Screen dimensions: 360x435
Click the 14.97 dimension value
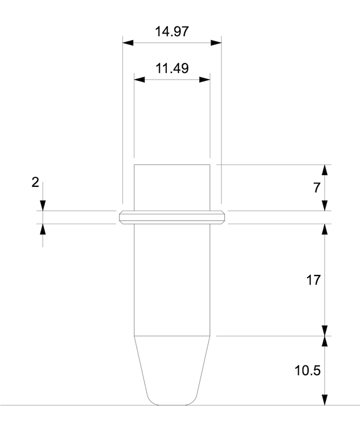[x=172, y=31]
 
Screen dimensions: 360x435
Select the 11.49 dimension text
[x=172, y=68]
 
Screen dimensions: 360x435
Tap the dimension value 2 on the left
[x=35, y=182]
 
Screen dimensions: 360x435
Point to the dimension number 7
[x=317, y=188]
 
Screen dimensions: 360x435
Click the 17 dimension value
[x=313, y=280]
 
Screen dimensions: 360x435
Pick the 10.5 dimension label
[x=308, y=371]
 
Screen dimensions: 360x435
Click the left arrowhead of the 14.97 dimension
[x=128, y=43]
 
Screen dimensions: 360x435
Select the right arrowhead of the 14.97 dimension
[x=216, y=43]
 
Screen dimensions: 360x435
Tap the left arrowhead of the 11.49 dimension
[x=140, y=80]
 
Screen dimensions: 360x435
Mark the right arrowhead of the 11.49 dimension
[x=205, y=80]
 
